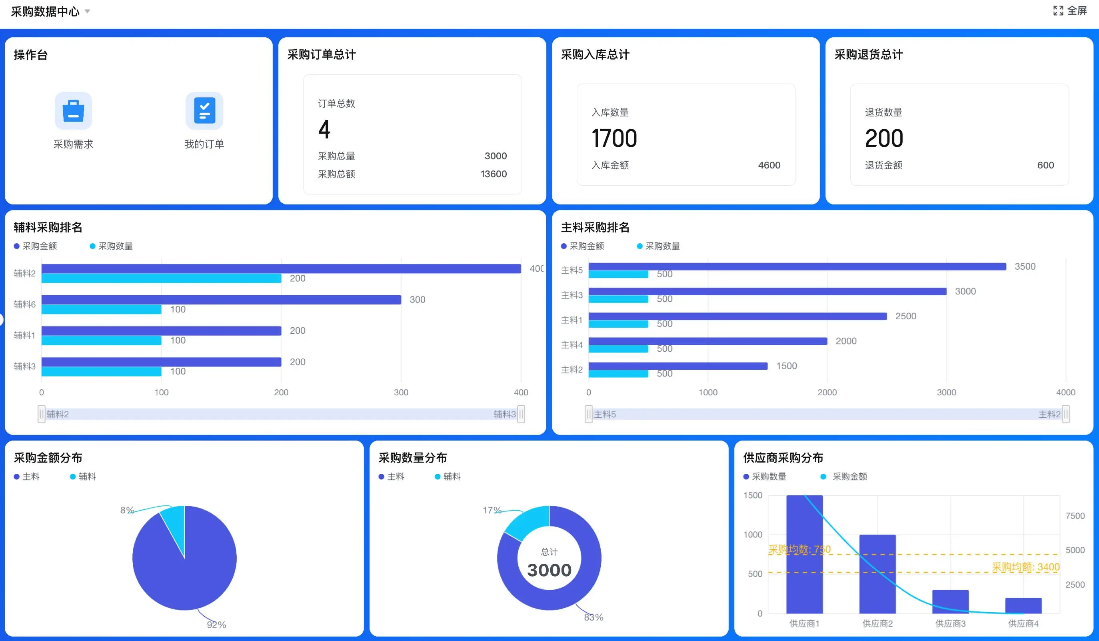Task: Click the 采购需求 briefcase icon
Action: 73,111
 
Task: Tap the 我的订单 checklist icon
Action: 204,111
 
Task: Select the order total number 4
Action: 324,130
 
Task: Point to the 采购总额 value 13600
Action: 493,174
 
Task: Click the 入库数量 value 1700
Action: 614,138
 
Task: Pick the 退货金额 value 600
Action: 1045,165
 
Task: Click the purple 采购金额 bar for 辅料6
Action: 221,300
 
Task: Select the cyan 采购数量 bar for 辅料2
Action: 161,278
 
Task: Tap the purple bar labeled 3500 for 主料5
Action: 797,266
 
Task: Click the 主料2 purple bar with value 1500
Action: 678,366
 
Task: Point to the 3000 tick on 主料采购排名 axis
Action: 946,392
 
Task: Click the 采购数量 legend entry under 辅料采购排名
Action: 111,246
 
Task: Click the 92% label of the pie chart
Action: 216,625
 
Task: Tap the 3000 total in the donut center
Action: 549,570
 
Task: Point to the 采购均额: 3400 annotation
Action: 1025,567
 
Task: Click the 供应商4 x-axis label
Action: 1023,623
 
